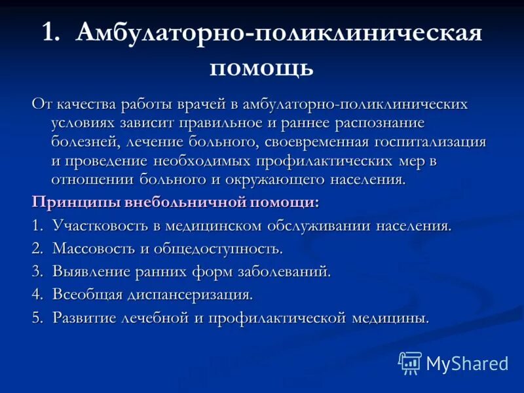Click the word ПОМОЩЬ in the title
[261, 67]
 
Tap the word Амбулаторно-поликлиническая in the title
[279, 33]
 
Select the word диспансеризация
[190, 295]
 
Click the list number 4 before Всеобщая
[36, 295]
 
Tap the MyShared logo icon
[409, 363]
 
